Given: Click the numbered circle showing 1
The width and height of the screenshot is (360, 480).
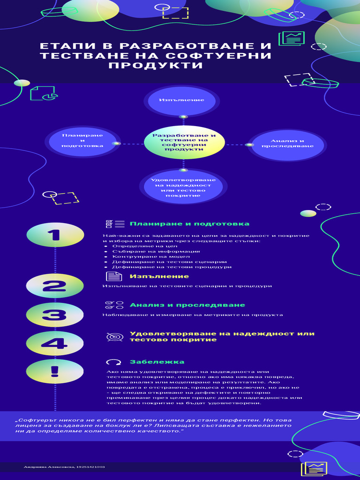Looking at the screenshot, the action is point(55,235).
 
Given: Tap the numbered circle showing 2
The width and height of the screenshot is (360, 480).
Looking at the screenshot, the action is point(55,286).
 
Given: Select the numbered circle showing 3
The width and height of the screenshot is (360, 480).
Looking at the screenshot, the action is point(55,315).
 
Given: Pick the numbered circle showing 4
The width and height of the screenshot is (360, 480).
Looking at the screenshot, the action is point(55,344).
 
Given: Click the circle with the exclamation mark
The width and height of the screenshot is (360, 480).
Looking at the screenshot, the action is point(55,372).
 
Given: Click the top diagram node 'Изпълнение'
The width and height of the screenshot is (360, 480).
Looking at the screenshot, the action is point(182,100).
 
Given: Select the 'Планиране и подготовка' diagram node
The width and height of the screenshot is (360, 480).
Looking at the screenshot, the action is point(82,141).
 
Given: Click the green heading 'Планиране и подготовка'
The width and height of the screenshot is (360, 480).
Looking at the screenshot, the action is point(189,224).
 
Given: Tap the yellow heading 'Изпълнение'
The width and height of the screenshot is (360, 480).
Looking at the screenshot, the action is point(153,277).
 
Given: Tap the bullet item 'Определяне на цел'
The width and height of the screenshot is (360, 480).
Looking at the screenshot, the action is point(138,246).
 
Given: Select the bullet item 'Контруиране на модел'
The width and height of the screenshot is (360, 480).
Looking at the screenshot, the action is point(151,256).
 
